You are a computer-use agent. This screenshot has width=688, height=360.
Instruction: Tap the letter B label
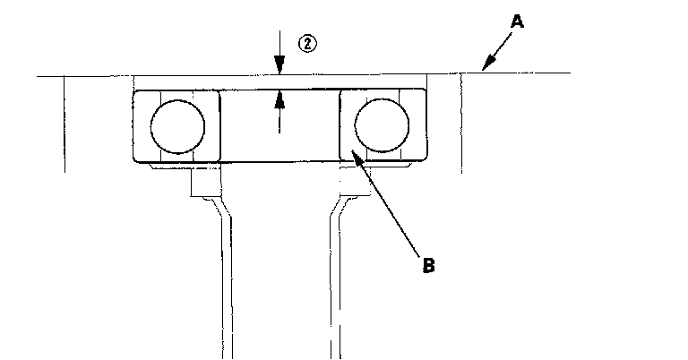point(428,265)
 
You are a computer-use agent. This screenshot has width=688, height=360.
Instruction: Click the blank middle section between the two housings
point(279,134)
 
